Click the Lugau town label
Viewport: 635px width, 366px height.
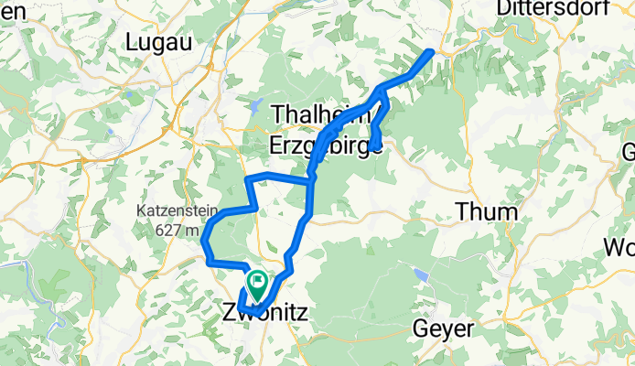coord(156,41)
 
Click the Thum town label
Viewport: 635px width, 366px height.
coord(486,212)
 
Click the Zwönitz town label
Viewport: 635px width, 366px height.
coord(264,313)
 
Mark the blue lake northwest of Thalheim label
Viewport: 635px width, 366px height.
coord(257,103)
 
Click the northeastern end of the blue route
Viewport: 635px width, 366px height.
coord(429,52)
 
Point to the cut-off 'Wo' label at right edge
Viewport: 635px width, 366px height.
coord(619,248)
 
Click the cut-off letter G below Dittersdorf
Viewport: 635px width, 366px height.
coord(629,151)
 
